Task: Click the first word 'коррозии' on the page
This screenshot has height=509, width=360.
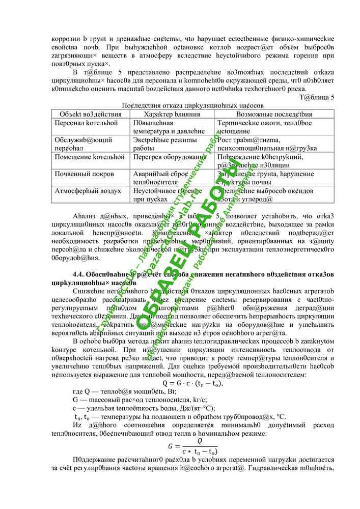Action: coord(66,39)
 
